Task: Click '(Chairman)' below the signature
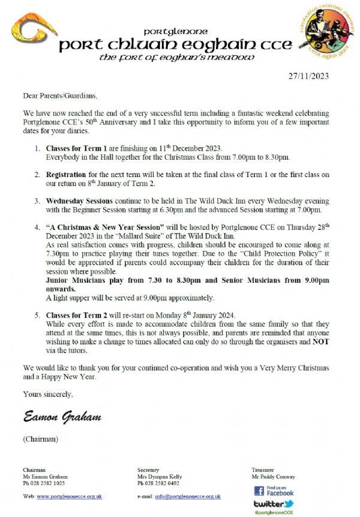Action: [x=41, y=439]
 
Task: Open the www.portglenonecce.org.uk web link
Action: [x=69, y=496]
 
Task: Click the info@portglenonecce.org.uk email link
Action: [x=188, y=496]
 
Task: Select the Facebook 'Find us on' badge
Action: [x=274, y=490]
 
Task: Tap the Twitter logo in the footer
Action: [x=274, y=504]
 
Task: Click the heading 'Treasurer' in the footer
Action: [x=263, y=470]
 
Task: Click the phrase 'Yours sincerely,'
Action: [x=47, y=394]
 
